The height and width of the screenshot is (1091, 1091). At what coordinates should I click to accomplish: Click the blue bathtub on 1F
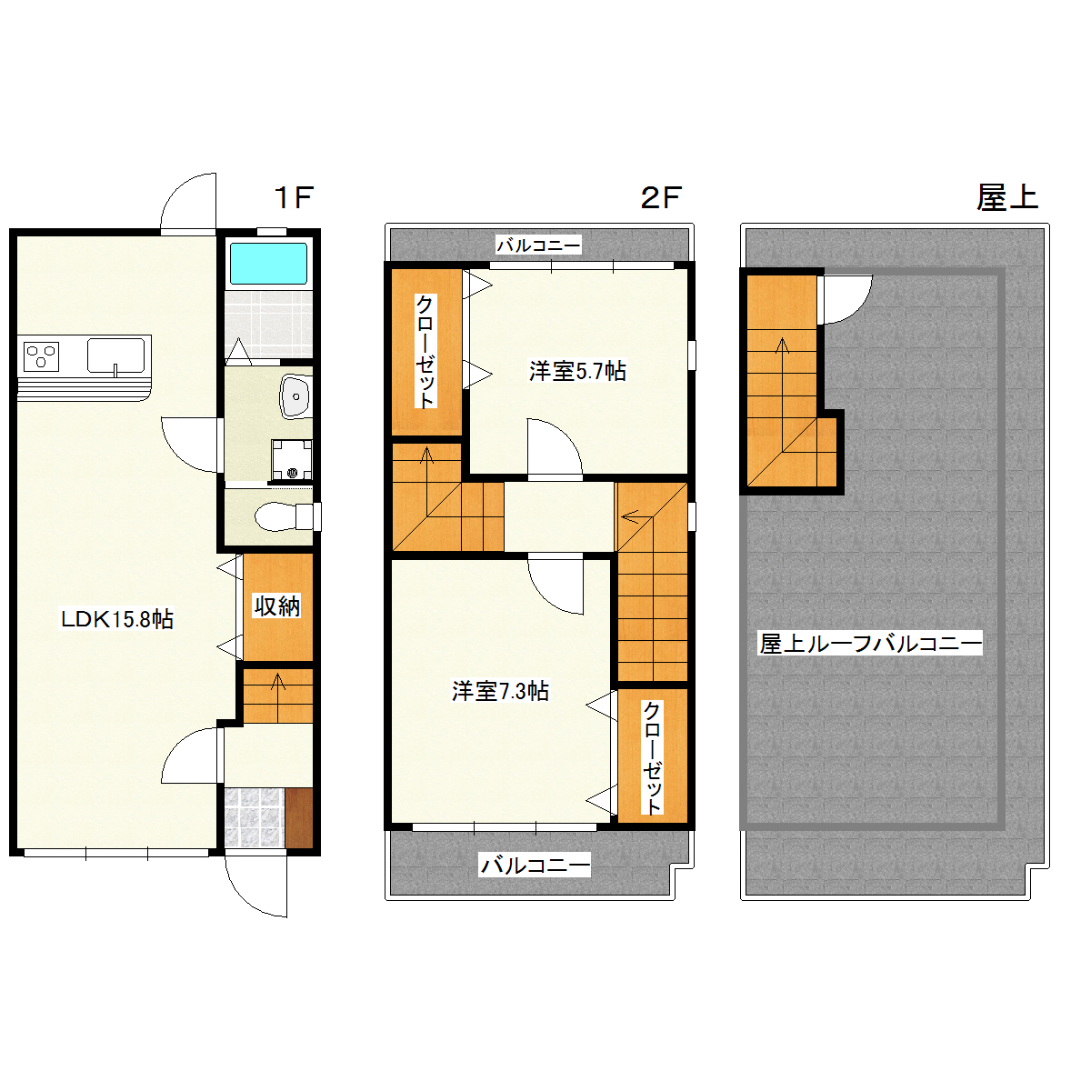268,263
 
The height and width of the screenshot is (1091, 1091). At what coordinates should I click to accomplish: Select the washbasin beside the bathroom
295,396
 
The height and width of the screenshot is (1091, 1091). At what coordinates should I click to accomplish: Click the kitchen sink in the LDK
115,355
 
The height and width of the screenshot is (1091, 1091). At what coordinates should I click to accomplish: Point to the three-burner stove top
41,356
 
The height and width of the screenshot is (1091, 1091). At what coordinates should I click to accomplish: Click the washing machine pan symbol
292,459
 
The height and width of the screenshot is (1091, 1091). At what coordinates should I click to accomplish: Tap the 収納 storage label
276,606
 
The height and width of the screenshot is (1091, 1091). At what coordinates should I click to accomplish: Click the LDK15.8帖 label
116,619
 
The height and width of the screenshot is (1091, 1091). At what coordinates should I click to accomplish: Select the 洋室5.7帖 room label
577,371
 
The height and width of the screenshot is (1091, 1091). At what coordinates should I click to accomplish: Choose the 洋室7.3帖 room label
500,691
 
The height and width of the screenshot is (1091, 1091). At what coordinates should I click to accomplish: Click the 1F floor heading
294,197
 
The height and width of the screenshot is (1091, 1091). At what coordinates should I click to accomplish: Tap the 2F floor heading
660,197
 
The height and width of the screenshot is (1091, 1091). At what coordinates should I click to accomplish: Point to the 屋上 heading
1007,197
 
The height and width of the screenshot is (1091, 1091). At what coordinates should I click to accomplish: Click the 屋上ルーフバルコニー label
870,644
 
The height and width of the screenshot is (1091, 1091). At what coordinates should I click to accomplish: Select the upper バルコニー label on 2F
538,245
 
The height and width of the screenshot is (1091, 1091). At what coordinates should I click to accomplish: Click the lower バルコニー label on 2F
535,865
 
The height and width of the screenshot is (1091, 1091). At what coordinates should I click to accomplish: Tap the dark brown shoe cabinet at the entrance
298,817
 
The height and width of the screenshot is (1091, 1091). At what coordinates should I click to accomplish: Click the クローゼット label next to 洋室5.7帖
425,350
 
